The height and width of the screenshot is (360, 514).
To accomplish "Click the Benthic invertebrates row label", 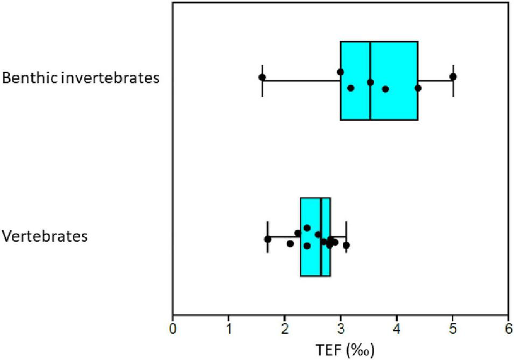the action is click(81, 78).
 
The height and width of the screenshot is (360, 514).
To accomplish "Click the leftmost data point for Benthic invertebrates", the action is click(262, 77).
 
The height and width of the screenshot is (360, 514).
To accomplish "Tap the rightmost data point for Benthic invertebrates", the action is click(453, 76).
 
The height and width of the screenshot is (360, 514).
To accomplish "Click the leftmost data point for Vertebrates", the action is click(268, 239).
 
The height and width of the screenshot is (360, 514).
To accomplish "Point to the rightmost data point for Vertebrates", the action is click(346, 245).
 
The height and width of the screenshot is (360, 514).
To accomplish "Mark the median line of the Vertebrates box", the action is click(321, 264).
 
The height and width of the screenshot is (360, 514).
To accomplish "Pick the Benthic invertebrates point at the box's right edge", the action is click(418, 88).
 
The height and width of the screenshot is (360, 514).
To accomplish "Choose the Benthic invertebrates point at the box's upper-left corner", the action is click(340, 72).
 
